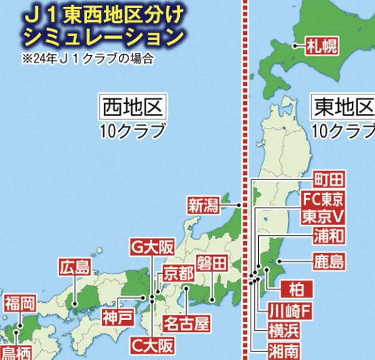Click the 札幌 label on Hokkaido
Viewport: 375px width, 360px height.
point(321,46)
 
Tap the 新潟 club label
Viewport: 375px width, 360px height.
point(204,204)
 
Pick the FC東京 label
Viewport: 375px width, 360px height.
point(322,199)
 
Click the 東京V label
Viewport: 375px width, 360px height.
point(322,217)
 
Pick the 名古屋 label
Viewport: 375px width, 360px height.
point(186,324)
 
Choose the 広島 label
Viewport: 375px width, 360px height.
point(75,267)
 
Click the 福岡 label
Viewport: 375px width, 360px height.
point(19,305)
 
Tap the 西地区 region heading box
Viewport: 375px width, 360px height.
point(133,107)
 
